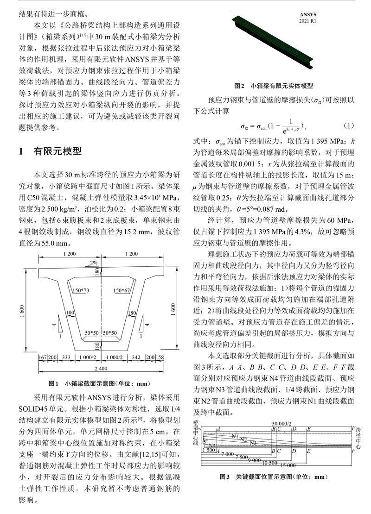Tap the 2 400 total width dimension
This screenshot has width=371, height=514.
pos(103,369)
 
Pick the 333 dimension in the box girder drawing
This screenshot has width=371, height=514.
pos(65,357)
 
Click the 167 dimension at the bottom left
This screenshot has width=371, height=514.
pos(43,357)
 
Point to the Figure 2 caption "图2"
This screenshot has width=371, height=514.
pos(240,86)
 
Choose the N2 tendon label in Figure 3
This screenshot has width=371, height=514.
pos(243,439)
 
